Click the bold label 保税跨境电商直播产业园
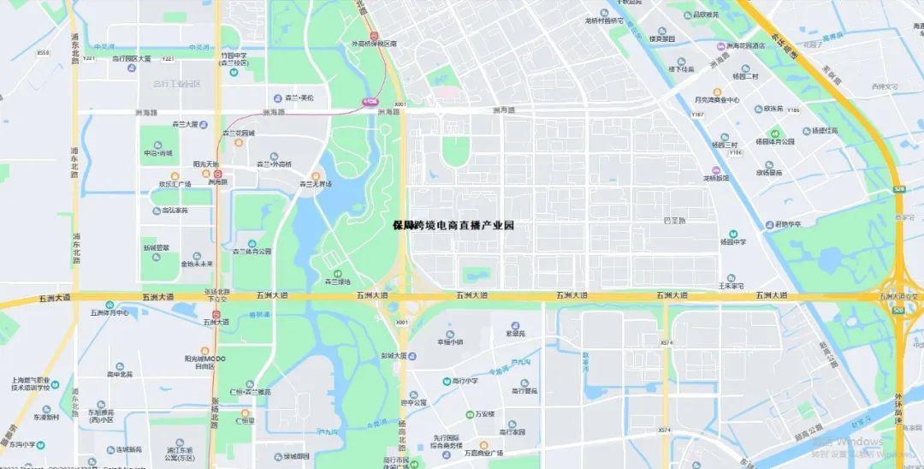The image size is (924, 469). tap(453, 225)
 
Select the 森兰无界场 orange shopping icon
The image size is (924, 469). tap(316, 175)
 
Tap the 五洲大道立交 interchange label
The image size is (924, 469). tap(899, 296)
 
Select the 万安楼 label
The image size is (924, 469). tap(485, 413)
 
